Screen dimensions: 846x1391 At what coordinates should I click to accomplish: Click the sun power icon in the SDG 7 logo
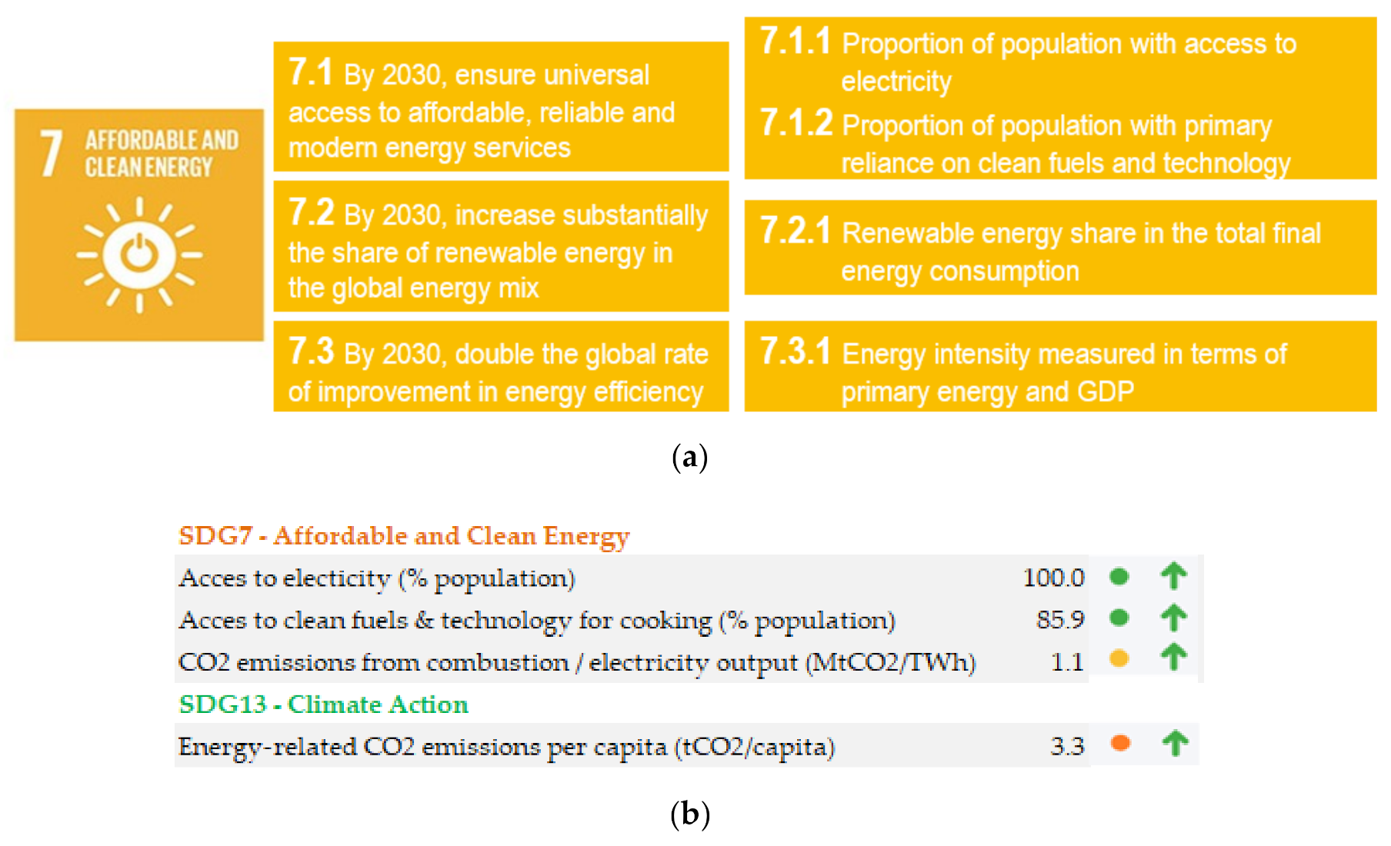click(139, 255)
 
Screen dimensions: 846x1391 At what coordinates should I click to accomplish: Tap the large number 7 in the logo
click(51, 154)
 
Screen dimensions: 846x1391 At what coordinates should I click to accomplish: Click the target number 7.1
click(311, 72)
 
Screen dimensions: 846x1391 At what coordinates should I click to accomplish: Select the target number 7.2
click(311, 212)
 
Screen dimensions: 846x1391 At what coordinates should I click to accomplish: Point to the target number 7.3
click(311, 351)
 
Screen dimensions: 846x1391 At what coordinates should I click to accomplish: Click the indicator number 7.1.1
click(795, 41)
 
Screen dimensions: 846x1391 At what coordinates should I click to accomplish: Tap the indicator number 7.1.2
click(796, 123)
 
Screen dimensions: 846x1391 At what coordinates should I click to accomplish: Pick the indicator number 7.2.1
click(795, 231)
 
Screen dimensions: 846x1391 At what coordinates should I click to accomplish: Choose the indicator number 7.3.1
click(795, 351)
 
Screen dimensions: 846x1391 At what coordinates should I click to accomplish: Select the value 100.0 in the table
click(1053, 578)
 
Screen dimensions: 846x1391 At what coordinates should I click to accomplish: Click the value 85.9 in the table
click(1059, 619)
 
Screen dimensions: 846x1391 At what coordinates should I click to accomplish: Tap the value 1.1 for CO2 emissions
click(1067, 661)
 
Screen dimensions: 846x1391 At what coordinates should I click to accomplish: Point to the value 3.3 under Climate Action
click(1067, 746)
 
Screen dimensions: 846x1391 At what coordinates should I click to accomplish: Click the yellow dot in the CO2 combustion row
click(1119, 658)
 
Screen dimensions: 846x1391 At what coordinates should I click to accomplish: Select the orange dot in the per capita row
click(1120, 743)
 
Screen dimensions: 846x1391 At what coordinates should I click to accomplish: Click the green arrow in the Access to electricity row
click(1174, 575)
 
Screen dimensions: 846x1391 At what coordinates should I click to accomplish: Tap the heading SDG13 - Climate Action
click(323, 704)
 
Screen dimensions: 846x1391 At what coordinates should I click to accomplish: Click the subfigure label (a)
click(689, 457)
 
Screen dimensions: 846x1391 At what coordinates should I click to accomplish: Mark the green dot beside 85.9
click(1119, 617)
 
